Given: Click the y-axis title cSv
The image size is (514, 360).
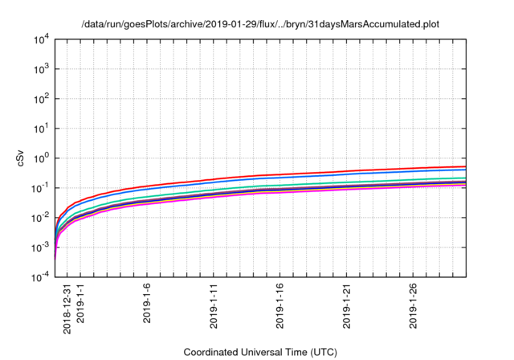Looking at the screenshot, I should coord(22,158).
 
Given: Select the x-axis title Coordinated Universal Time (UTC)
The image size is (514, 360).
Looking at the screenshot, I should coord(260,352).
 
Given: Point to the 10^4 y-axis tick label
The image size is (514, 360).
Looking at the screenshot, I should coord(43,39).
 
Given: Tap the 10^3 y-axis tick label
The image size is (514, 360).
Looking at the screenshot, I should coord(43,69).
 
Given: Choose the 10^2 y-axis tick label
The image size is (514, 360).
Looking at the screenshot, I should coord(43,99).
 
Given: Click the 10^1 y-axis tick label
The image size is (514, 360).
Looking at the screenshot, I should coord(43,129).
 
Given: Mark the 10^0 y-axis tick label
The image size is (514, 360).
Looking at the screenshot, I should coord(43,158).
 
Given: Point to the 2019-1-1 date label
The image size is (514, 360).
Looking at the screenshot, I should coord(81,305).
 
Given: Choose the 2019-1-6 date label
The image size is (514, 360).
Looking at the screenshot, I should coord(148,305).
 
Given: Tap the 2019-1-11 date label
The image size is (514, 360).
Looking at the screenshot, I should coord(214,308).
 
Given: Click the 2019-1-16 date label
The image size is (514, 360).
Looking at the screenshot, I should coord(281,308).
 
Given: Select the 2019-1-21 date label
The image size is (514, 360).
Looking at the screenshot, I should coord(348,308).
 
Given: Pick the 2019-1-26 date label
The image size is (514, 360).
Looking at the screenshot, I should coord(414,308).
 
